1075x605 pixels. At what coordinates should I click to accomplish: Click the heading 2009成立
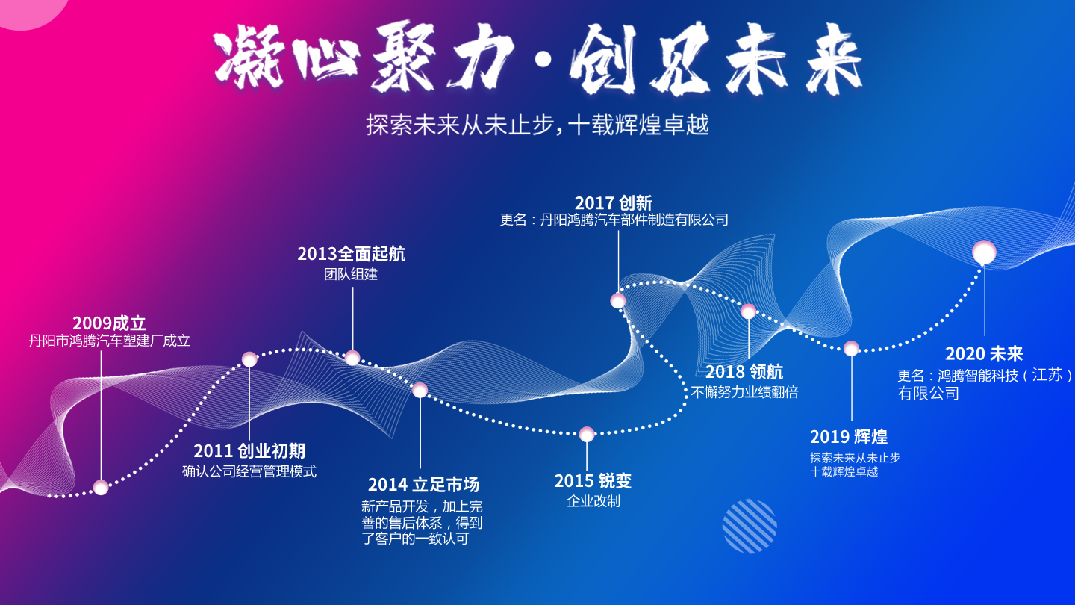(x=109, y=323)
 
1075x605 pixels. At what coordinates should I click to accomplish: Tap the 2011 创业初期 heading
(x=249, y=451)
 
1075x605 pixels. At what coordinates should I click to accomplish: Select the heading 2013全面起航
(x=352, y=254)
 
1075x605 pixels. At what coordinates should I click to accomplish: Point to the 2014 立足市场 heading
(x=423, y=485)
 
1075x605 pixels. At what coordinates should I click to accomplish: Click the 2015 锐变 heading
(x=593, y=481)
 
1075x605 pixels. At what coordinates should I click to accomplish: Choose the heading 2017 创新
(x=614, y=203)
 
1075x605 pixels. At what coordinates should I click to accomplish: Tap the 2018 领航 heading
(x=744, y=372)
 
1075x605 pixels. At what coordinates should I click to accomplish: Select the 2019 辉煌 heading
(x=849, y=437)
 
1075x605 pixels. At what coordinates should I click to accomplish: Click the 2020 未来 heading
(x=984, y=354)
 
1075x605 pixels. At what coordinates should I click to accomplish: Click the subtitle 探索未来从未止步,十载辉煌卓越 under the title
(x=537, y=125)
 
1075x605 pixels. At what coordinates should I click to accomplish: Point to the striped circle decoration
(x=750, y=527)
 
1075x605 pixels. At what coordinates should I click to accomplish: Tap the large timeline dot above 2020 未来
(x=984, y=252)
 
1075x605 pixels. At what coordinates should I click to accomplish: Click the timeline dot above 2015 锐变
(x=587, y=435)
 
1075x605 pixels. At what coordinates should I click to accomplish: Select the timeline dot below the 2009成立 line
(x=101, y=487)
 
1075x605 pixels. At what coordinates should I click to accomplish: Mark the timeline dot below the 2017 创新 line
(x=617, y=301)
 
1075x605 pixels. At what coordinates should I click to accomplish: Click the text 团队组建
(x=351, y=274)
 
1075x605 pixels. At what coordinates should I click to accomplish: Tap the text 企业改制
(x=593, y=501)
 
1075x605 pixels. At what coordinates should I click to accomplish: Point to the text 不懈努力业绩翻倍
(x=744, y=392)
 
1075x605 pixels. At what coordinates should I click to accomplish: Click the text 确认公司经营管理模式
(x=249, y=471)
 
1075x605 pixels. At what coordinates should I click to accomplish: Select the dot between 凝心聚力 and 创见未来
(x=543, y=60)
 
